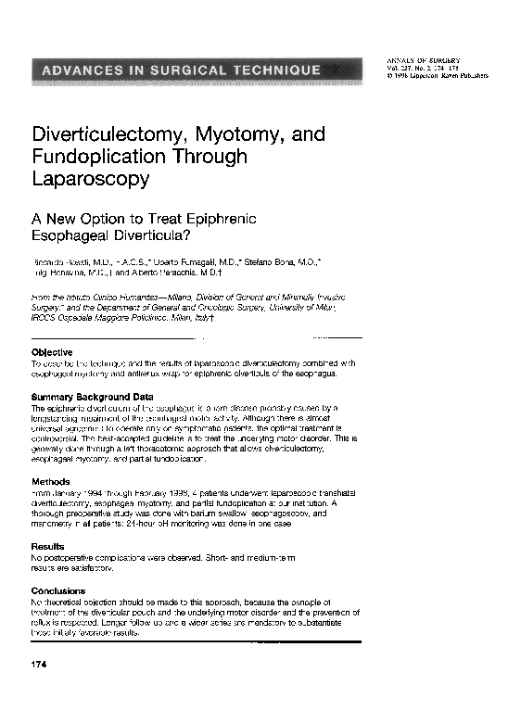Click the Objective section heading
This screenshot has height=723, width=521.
point(52,352)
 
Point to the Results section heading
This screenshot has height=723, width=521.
point(48,547)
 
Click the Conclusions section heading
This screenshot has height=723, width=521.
point(58,590)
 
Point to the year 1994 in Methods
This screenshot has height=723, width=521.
point(90,493)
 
